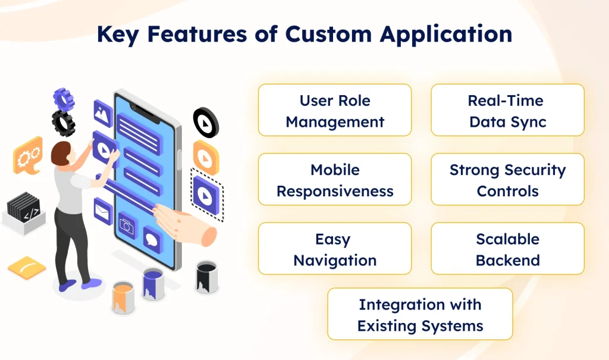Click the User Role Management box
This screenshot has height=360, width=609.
pyautogui.click(x=335, y=111)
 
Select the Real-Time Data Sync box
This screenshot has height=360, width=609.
pyautogui.click(x=507, y=111)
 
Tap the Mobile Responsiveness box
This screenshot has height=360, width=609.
pyautogui.click(x=335, y=180)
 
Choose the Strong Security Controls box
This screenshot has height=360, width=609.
pyautogui.click(x=507, y=180)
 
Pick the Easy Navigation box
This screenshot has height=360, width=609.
pyautogui.click(x=335, y=249)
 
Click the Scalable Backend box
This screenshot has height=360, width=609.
pyautogui.click(x=507, y=249)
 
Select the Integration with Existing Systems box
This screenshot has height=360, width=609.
pyautogui.click(x=420, y=315)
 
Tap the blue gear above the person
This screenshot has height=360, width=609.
pyautogui.click(x=64, y=99)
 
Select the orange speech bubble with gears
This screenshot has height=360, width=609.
pyautogui.click(x=28, y=156)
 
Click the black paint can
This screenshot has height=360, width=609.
pyautogui.click(x=206, y=276)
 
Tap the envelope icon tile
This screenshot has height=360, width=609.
pyautogui.click(x=103, y=210)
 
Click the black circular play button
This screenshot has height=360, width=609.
pyautogui.click(x=206, y=122)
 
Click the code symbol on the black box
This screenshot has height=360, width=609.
pyautogui.click(x=32, y=211)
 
